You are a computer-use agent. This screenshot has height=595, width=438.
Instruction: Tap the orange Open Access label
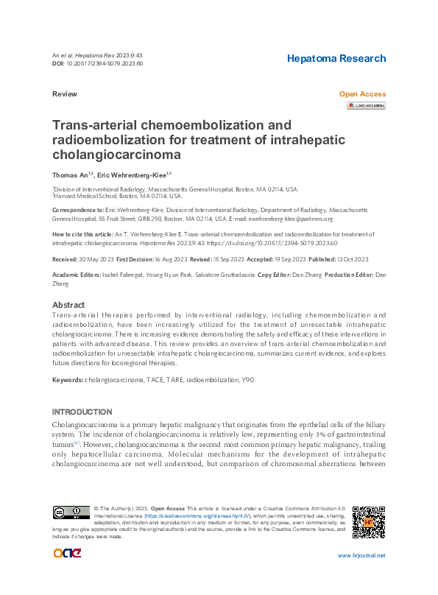pyautogui.click(x=362, y=94)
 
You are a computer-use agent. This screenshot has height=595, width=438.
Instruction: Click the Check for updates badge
pyautogui.click(x=366, y=106)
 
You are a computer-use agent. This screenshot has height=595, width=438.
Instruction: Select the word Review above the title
pyautogui.click(x=64, y=94)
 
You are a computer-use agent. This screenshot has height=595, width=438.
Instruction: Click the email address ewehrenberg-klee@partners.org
pyautogui.click(x=292, y=219)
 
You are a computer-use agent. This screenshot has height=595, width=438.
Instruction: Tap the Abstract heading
pyautogui.click(x=69, y=305)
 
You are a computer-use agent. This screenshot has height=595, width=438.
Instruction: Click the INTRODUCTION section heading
pyautogui.click(x=82, y=412)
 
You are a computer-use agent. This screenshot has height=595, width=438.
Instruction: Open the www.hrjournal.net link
pyautogui.click(x=361, y=555)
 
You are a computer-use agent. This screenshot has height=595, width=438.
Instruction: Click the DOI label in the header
pyautogui.click(x=59, y=63)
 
